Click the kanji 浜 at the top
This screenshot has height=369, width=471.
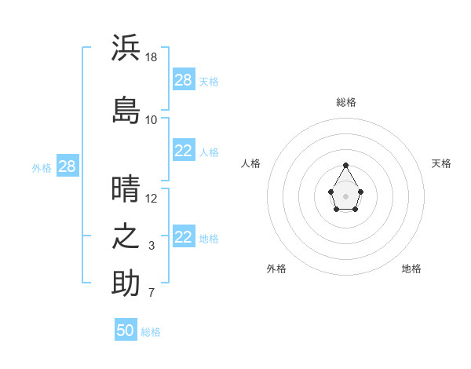point(126,47)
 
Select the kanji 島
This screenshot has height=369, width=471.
point(126,110)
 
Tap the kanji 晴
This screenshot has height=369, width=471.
point(126,188)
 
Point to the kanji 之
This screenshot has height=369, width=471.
point(126,236)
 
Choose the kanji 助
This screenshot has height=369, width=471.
point(126,283)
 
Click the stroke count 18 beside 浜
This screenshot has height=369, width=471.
point(151,57)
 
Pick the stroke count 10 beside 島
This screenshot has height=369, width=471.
point(151,120)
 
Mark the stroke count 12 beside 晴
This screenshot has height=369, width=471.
point(151,199)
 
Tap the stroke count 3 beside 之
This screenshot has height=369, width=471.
point(152,246)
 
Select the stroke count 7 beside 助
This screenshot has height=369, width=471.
point(152,292)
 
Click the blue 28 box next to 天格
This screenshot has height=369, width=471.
point(184,79)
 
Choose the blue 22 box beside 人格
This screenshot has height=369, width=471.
point(184,150)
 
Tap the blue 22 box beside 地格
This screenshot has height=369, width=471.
point(184,236)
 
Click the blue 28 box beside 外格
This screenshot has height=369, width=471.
point(68,166)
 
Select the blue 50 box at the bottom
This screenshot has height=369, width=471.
point(126,329)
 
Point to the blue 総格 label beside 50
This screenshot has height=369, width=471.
point(151,332)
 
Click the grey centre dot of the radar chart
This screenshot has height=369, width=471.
point(345,196)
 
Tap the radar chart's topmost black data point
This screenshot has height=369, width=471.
point(345,165)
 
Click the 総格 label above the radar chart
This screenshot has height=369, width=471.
point(346,102)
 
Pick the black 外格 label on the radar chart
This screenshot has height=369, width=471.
point(276,269)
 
